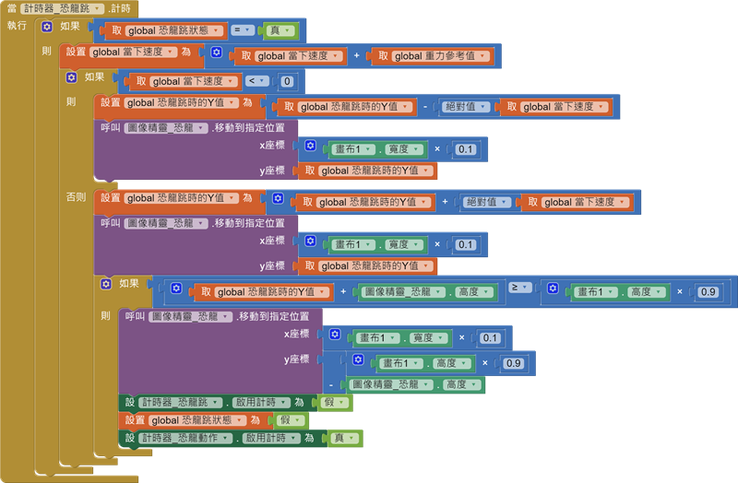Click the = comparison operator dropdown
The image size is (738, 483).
243,30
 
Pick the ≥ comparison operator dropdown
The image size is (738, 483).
519,291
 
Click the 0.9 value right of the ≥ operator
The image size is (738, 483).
708,291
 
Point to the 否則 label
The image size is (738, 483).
76,197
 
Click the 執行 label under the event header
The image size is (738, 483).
17,26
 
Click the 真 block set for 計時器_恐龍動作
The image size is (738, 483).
343,438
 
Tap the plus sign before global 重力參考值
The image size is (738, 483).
356,56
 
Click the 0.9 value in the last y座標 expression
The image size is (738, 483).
513,363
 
